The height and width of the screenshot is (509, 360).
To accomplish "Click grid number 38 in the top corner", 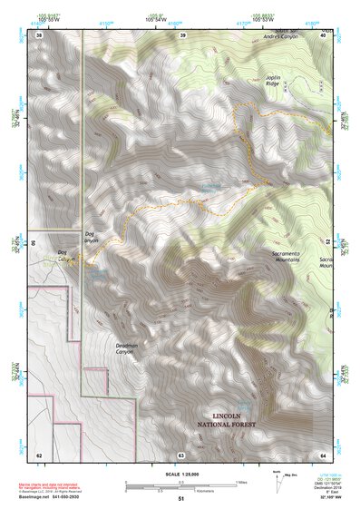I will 39,35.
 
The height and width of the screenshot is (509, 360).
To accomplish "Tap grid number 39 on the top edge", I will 182,35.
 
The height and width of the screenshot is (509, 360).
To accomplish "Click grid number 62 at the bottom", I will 39,454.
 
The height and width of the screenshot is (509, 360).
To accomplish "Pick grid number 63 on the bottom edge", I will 181,454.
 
